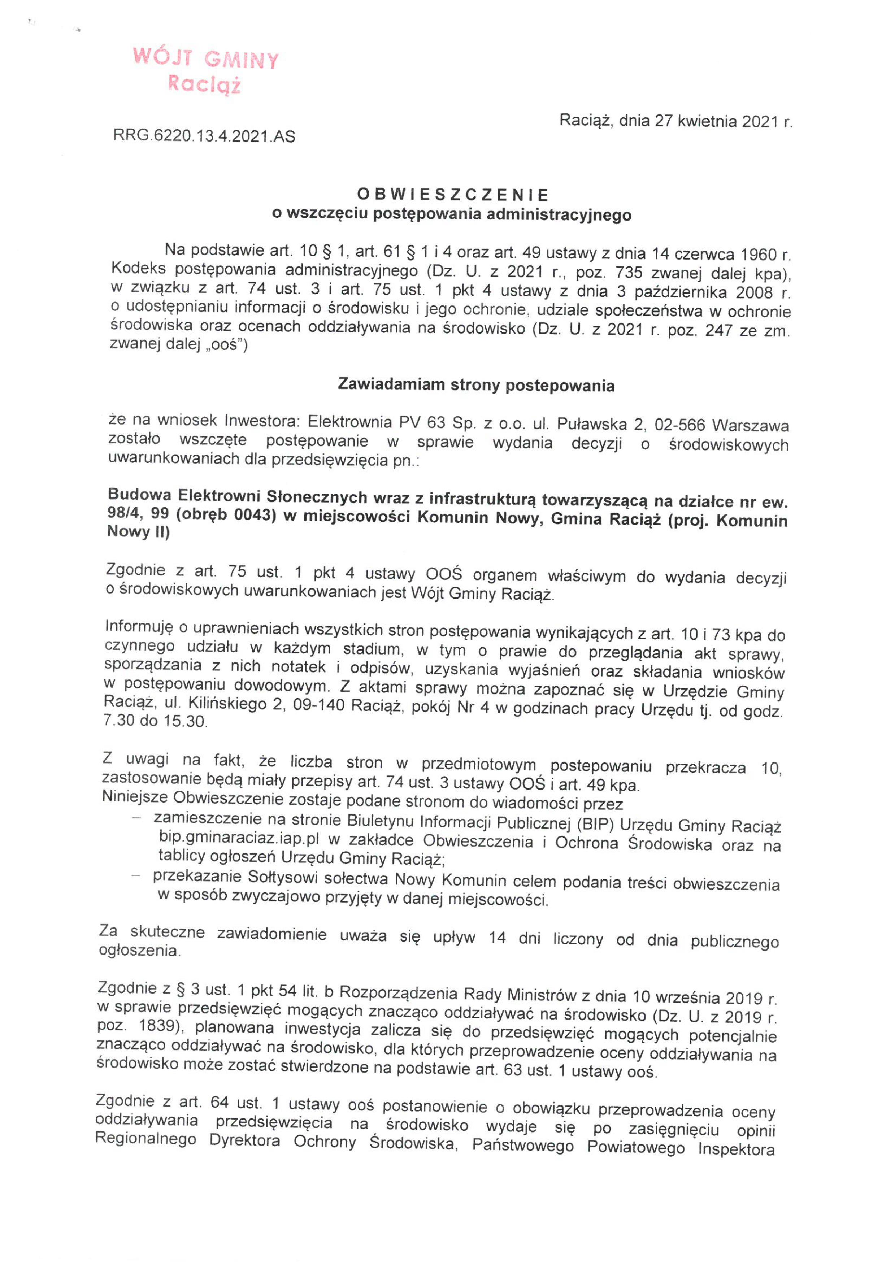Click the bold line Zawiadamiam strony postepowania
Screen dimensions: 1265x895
[x=476, y=384]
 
